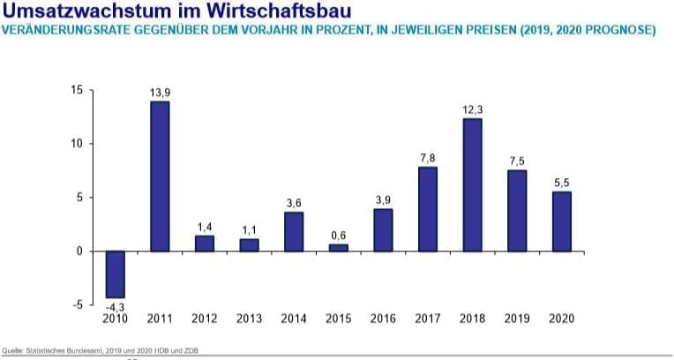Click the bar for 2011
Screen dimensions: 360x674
pyautogui.click(x=160, y=176)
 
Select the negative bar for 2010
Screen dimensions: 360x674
pyautogui.click(x=115, y=274)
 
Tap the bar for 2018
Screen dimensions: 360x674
pyautogui.click(x=473, y=185)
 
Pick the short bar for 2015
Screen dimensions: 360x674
pyautogui.click(x=339, y=248)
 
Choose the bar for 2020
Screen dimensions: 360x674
pyautogui.click(x=562, y=221)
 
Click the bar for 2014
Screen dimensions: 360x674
pyautogui.click(x=294, y=232)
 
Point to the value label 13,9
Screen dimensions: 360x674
pyautogui.click(x=160, y=92)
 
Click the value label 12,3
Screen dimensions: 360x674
pyautogui.click(x=473, y=109)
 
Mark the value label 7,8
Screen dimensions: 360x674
pyautogui.click(x=428, y=158)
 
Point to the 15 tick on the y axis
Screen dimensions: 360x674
pyautogui.click(x=77, y=91)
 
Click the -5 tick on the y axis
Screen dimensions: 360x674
pyautogui.click(x=77, y=305)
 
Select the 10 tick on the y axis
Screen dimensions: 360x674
pyautogui.click(x=77, y=144)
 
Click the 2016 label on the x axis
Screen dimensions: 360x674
pyautogui.click(x=383, y=319)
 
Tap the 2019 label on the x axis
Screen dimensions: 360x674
pyautogui.click(x=517, y=319)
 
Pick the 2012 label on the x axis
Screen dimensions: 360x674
pyautogui.click(x=205, y=319)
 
